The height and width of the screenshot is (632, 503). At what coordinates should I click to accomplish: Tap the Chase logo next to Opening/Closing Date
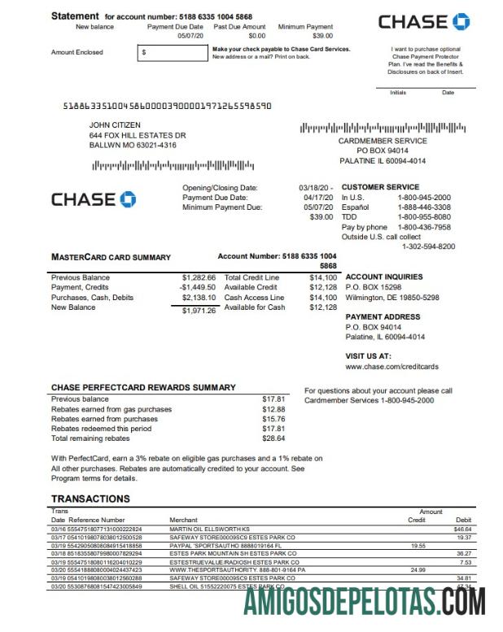click(x=94, y=199)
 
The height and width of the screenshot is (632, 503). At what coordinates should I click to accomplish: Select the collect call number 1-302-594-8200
click(x=428, y=246)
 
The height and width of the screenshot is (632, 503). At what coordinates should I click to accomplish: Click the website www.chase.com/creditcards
click(x=387, y=367)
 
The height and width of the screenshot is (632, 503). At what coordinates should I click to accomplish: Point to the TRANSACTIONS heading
click(x=90, y=499)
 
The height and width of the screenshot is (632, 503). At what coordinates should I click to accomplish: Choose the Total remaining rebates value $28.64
click(x=273, y=438)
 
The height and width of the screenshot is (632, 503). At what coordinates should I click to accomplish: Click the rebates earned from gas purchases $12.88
click(x=273, y=409)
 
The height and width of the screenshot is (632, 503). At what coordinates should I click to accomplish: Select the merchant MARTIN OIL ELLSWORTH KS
click(x=212, y=530)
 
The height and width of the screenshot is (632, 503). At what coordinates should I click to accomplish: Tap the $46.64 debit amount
click(x=462, y=530)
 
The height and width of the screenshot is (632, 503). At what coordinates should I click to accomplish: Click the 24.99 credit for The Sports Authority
click(x=418, y=570)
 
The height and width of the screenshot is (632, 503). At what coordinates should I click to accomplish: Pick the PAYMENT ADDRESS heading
click(x=383, y=317)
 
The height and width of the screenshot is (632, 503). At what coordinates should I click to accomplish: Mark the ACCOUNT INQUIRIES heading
click(x=384, y=277)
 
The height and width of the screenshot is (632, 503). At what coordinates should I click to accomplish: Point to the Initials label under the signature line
click(x=398, y=93)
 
